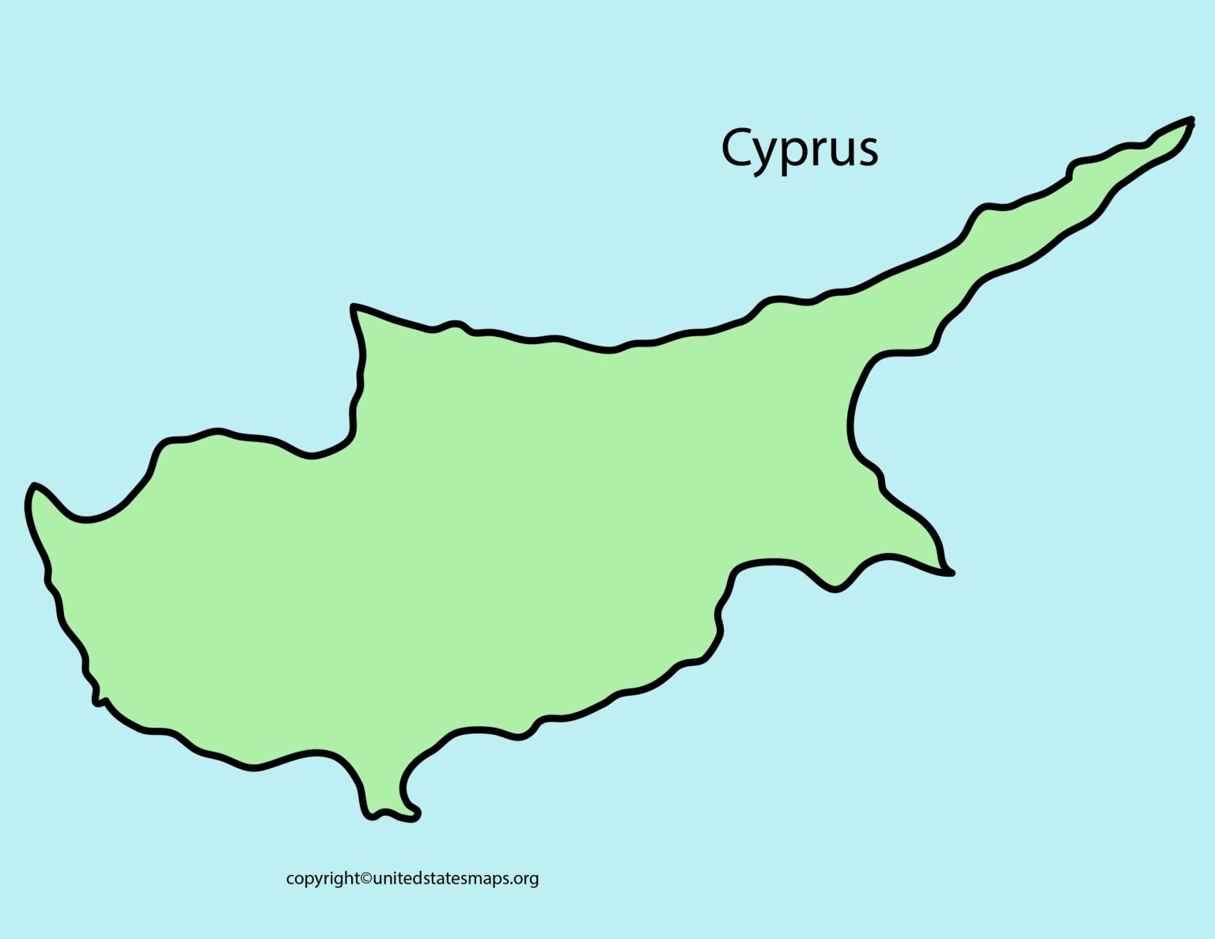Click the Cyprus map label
(799, 148)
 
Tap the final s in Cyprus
(867, 150)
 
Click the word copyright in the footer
(322, 879)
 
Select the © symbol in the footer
(365, 878)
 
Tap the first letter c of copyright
(290, 879)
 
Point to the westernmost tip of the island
(30, 489)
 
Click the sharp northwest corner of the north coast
(354, 307)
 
